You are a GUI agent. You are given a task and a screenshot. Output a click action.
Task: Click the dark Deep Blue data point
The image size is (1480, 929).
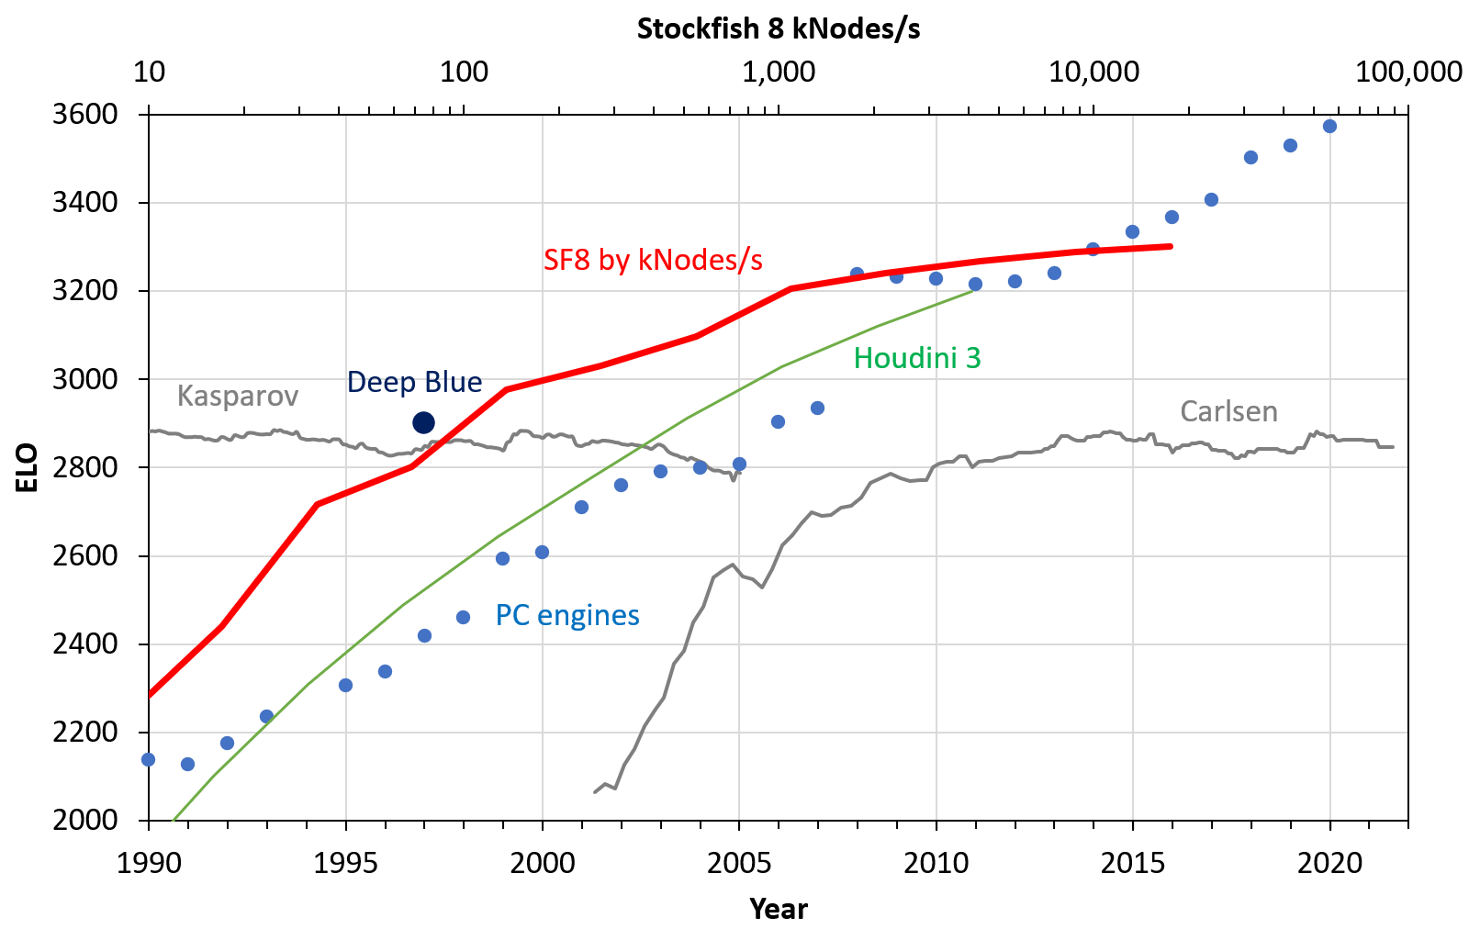click(423, 422)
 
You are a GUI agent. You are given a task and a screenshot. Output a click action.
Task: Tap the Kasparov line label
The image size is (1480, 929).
click(237, 396)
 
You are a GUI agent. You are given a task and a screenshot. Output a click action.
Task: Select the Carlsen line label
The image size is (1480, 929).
click(1228, 411)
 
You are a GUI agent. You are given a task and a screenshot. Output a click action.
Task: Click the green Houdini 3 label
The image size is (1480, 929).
click(916, 358)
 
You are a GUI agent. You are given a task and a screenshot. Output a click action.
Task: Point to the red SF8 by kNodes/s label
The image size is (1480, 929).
click(653, 260)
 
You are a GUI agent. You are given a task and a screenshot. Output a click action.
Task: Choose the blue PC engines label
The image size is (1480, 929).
click(566, 615)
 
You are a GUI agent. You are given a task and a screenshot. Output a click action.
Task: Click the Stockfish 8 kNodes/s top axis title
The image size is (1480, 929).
click(778, 29)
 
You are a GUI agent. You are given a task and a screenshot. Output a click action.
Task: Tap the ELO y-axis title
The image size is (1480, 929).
click(28, 467)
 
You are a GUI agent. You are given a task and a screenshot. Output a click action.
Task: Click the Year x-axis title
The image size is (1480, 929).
click(778, 909)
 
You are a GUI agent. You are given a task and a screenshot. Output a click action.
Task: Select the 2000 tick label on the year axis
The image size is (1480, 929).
click(542, 864)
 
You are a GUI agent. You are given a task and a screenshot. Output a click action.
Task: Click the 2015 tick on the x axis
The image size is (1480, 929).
click(1132, 864)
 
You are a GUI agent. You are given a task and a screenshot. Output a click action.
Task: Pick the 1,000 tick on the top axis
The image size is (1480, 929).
click(778, 72)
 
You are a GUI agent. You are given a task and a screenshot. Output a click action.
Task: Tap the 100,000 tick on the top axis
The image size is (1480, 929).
click(1407, 72)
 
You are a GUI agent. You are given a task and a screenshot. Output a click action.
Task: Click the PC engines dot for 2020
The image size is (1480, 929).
click(1329, 126)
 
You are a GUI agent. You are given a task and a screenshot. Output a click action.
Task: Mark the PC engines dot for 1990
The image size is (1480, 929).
click(148, 759)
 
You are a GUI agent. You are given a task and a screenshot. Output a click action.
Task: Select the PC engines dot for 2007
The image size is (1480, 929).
click(817, 408)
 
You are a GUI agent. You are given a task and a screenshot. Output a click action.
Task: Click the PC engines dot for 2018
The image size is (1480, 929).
click(1250, 157)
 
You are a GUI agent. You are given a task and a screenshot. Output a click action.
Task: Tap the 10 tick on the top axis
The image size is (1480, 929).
click(149, 72)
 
